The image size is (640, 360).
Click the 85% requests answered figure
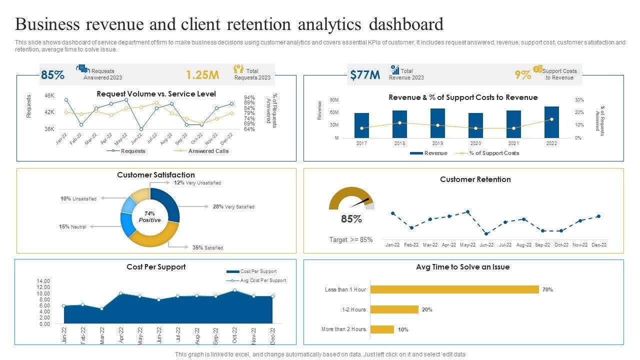tap(52, 75)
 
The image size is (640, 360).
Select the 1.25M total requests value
tap(202, 75)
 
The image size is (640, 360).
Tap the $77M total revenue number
tap(365, 75)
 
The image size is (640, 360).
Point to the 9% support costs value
tap(523, 75)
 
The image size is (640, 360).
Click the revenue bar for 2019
tap(437, 123)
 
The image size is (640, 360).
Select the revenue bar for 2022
tap(551, 122)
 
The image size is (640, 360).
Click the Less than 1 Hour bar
tap(454, 289)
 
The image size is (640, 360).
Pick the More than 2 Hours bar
tap(382, 329)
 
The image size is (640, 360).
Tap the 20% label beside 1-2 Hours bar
tap(427, 309)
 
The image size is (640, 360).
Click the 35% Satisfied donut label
tap(207, 247)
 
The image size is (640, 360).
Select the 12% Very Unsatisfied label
tap(197, 183)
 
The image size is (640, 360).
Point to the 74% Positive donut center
tap(149, 217)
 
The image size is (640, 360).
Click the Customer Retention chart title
tap(475, 179)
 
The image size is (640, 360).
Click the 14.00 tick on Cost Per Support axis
tap(43, 281)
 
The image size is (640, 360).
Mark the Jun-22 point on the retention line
tap(486, 233)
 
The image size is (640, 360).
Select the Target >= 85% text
tap(351, 239)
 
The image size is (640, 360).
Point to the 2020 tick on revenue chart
tap(475, 143)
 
